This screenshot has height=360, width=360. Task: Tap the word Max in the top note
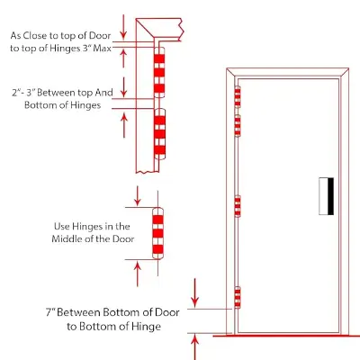pyautogui.click(x=102, y=48)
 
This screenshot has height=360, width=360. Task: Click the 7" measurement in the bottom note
pyautogui.click(x=50, y=312)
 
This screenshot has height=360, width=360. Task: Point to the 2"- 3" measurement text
pyautogui.click(x=23, y=93)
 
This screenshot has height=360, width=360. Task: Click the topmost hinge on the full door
pyautogui.click(x=238, y=96)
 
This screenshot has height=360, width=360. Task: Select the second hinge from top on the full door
pyautogui.click(x=238, y=125)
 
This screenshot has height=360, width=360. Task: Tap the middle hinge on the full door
pyautogui.click(x=238, y=206)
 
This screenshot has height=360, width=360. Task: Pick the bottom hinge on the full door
pyautogui.click(x=238, y=297)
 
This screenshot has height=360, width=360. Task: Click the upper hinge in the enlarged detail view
pyautogui.click(x=159, y=72)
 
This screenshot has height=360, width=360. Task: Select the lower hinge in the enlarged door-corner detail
pyautogui.click(x=159, y=134)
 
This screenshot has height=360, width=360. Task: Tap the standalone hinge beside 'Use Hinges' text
pyautogui.click(x=158, y=233)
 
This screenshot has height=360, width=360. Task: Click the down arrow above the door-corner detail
pyautogui.click(x=124, y=26)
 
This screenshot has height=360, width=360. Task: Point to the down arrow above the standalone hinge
pyautogui.click(x=137, y=195)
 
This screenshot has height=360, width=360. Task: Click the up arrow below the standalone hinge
pyautogui.click(x=137, y=274)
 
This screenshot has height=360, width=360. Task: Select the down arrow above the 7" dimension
pyautogui.click(x=195, y=292)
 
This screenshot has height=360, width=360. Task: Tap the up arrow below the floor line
pyautogui.click(x=195, y=347)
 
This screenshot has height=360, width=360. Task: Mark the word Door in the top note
pyautogui.click(x=100, y=35)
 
